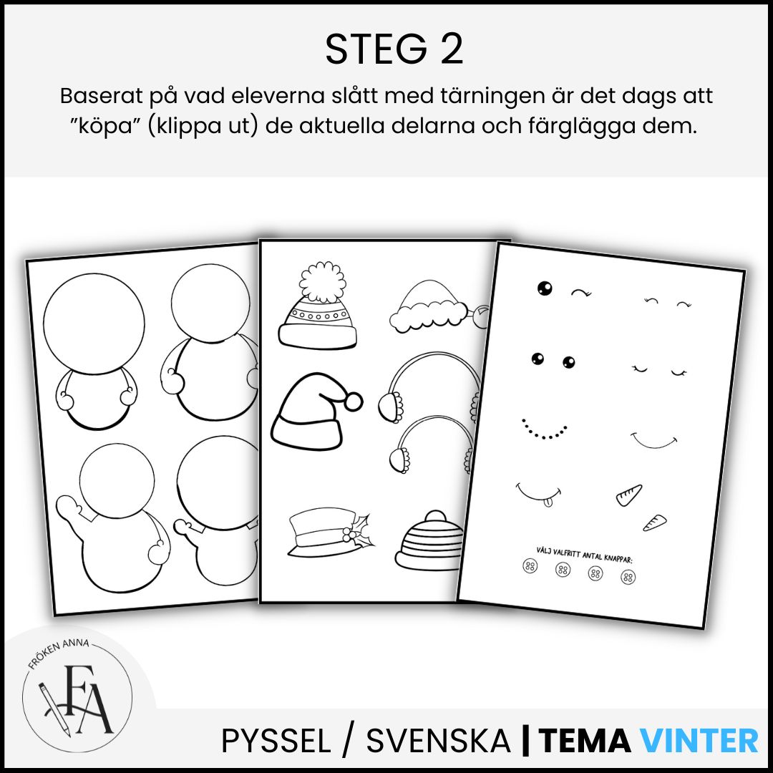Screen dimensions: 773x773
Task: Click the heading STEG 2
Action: pyautogui.click(x=394, y=49)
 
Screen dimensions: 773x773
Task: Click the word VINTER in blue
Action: pyautogui.click(x=699, y=741)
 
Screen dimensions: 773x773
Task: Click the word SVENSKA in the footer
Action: pyautogui.click(x=438, y=741)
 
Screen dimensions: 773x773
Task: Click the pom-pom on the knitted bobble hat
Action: pyautogui.click(x=323, y=281)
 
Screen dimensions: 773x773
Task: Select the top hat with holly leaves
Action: pyautogui.click(x=329, y=535)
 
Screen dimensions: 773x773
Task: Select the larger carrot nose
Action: pyautogui.click(x=629, y=495)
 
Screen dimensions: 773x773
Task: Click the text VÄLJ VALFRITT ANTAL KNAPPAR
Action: pyautogui.click(x=585, y=555)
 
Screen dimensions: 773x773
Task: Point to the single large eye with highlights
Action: pyautogui.click(x=544, y=288)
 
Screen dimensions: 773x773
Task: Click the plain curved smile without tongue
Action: pyautogui.click(x=653, y=441)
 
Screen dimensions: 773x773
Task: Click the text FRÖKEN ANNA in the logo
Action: pyautogui.click(x=58, y=652)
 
